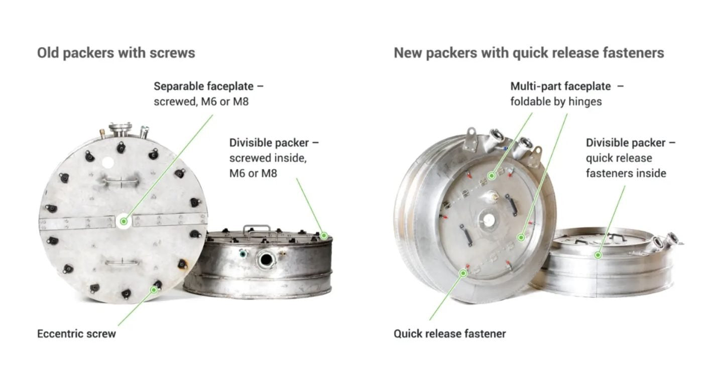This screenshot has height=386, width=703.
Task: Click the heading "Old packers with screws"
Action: pos(116,53)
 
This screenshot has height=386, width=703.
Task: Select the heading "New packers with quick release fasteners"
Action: pos(529,53)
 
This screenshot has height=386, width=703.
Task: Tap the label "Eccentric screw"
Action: pos(76,334)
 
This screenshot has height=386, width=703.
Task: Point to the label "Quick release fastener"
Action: pos(450,334)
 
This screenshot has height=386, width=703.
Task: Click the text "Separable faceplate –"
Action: pos(209,86)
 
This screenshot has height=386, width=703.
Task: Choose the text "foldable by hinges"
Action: pos(556,102)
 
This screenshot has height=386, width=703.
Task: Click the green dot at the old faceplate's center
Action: pos(124,221)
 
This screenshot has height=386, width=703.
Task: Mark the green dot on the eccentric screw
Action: pos(154,290)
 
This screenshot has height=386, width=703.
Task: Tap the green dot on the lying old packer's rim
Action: pos(324,235)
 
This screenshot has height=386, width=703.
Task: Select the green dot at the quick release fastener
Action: pos(463,274)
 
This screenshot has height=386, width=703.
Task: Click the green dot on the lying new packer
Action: pos(598,255)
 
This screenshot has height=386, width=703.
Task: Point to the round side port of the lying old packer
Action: pos(266,260)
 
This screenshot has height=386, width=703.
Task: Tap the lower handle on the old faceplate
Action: pos(122,262)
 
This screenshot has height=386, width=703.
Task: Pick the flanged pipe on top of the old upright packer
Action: pos(120,130)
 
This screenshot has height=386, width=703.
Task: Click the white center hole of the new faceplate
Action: pos(488,219)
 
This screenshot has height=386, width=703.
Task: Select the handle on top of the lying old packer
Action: pos(257,231)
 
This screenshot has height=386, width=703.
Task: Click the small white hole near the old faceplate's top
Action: pos(108,163)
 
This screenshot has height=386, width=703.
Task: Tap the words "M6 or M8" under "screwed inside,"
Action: pos(253,173)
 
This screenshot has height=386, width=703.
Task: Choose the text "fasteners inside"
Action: pos(626,173)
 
